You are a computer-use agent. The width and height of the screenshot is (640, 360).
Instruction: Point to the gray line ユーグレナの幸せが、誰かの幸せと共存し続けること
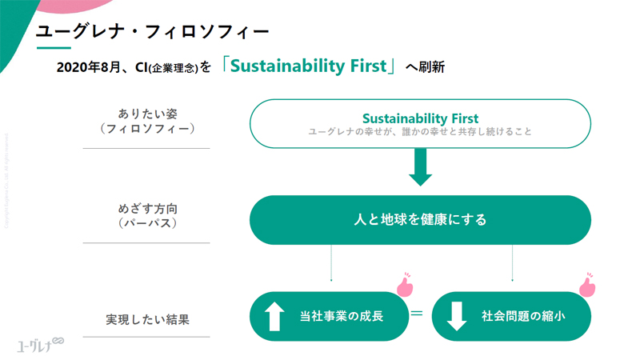click(420, 132)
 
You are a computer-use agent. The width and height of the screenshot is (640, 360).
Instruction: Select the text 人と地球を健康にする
click(420, 219)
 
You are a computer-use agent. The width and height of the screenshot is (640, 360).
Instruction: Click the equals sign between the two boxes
click(417, 314)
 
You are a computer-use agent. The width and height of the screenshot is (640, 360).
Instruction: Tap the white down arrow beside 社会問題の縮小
click(456, 317)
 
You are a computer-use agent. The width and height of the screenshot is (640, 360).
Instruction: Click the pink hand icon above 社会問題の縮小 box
click(587, 285)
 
